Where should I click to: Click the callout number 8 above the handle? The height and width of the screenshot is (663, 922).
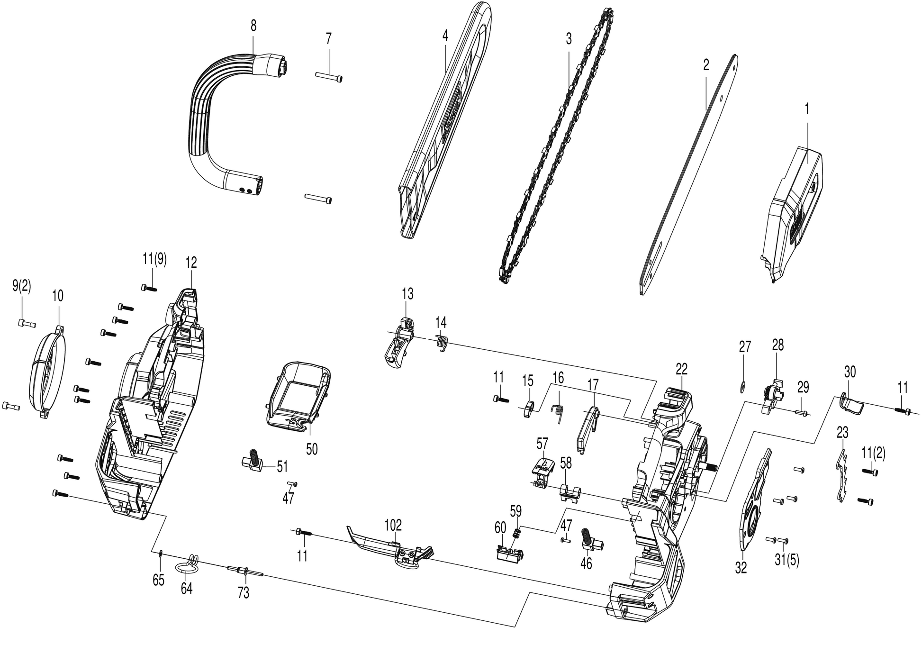[253, 27]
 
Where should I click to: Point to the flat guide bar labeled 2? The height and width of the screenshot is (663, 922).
[687, 175]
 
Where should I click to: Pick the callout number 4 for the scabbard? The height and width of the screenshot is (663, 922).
[445, 36]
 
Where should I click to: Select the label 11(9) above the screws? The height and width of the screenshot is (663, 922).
[154, 261]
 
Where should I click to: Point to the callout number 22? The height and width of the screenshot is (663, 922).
[681, 369]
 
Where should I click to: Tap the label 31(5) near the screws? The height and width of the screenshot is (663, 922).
[787, 560]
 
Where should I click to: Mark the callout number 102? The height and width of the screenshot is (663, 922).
[393, 525]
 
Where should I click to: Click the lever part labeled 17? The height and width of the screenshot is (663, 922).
[587, 427]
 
